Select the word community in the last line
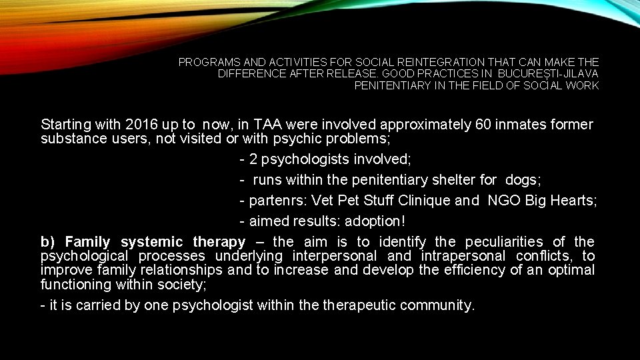tap(440, 305)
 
